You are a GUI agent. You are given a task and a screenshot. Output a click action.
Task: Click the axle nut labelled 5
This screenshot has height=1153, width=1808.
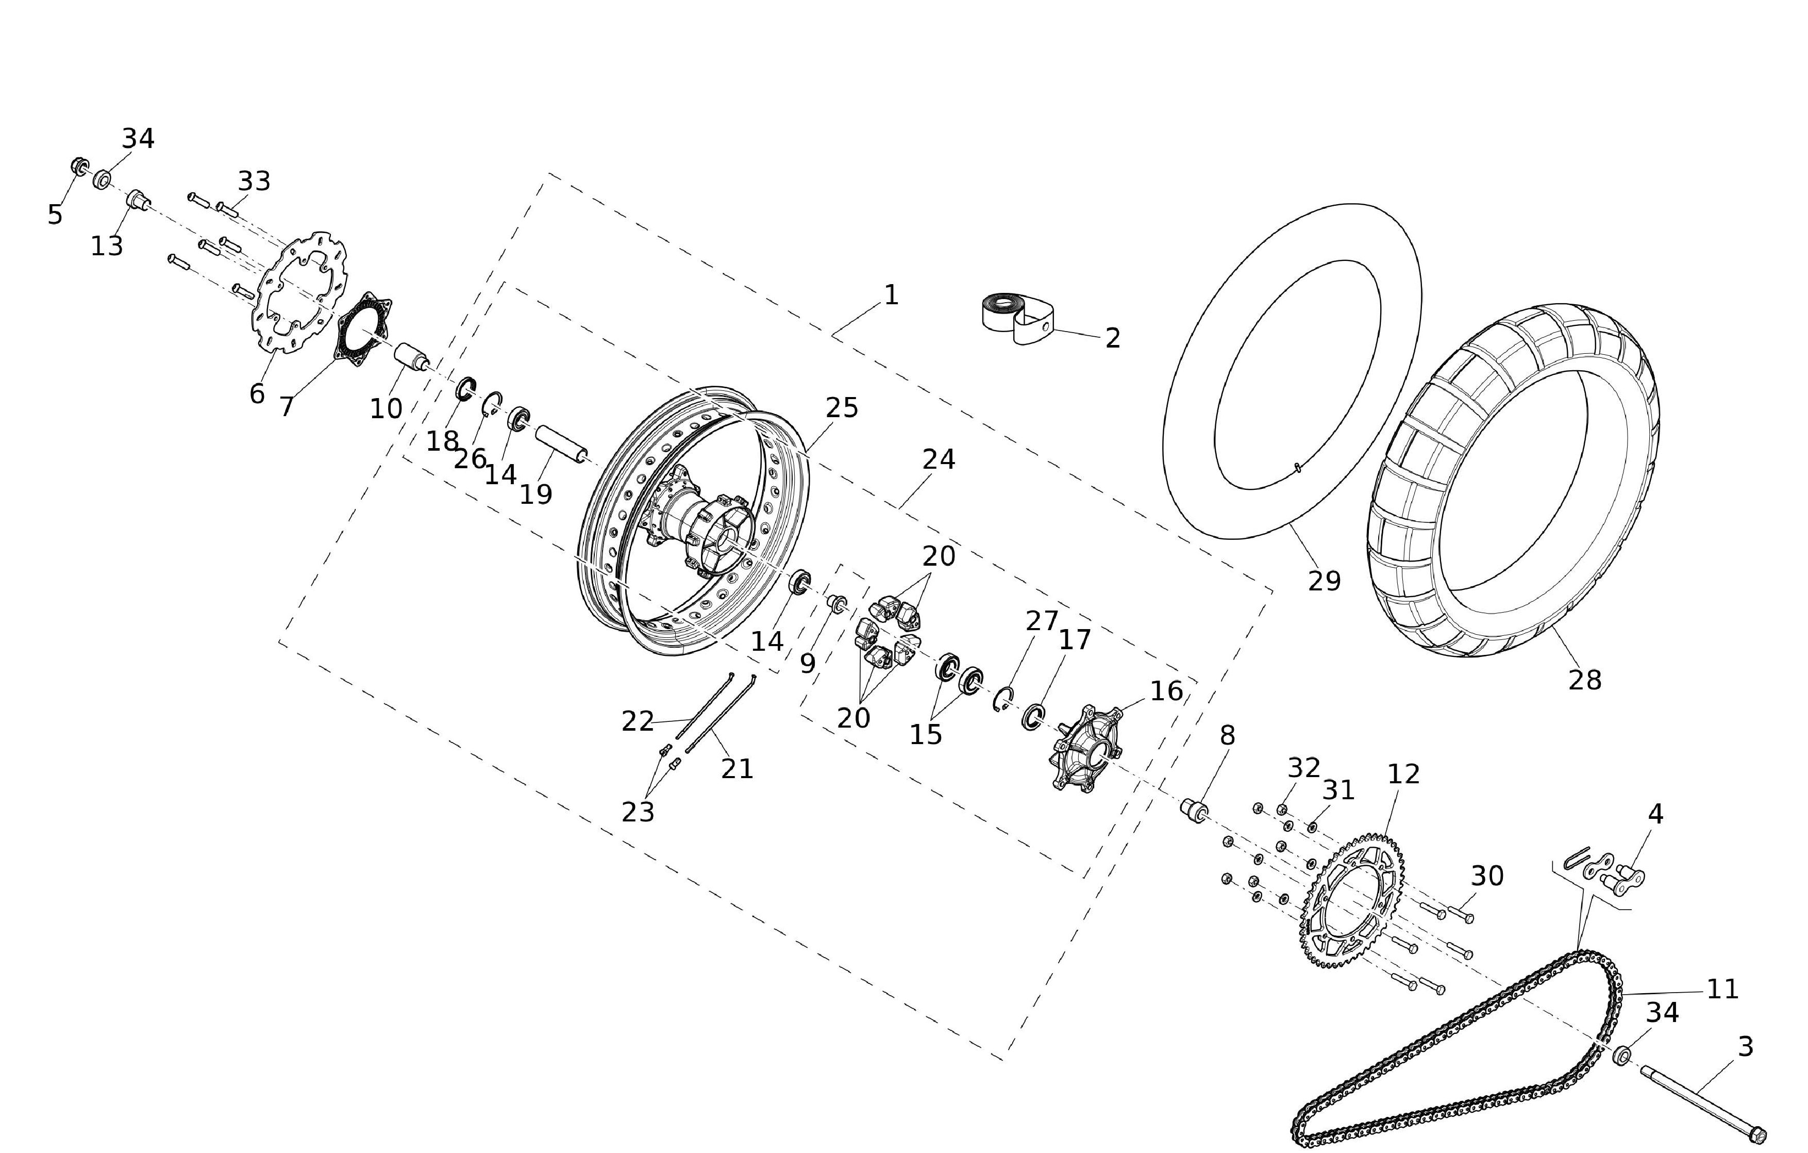pos(79,164)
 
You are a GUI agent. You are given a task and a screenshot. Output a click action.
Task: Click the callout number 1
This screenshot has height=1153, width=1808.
pos(891,295)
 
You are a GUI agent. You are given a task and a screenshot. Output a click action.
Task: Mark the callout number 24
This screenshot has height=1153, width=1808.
pos(939,459)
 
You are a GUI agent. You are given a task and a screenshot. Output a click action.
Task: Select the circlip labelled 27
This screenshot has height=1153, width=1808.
pos(1003,699)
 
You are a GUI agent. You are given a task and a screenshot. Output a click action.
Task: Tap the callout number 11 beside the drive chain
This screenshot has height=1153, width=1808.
pos(1722,989)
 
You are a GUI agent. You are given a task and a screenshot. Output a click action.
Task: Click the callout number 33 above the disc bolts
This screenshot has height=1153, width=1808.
pos(254,181)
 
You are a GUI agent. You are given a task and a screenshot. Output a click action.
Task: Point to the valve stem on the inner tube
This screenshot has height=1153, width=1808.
pos(1297,469)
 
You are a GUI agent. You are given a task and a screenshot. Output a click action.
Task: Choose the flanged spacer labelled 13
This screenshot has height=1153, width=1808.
pos(138,201)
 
